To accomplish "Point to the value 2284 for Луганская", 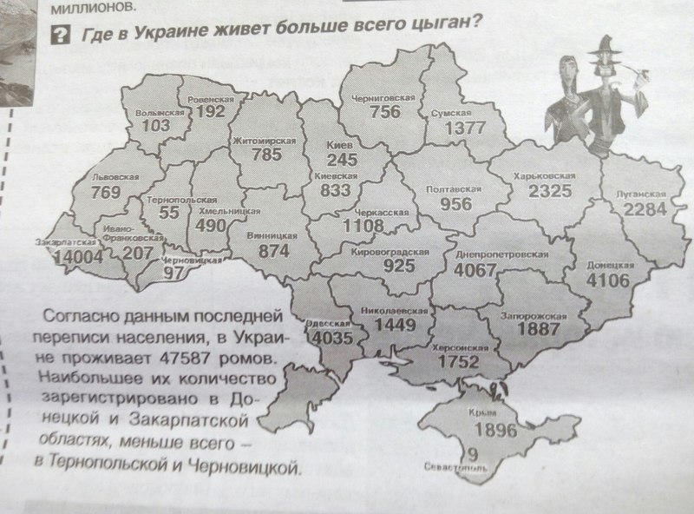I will (644, 209).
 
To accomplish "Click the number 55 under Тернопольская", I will (169, 212).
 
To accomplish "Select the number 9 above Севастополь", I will (470, 452).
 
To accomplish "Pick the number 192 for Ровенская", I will (210, 112).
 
